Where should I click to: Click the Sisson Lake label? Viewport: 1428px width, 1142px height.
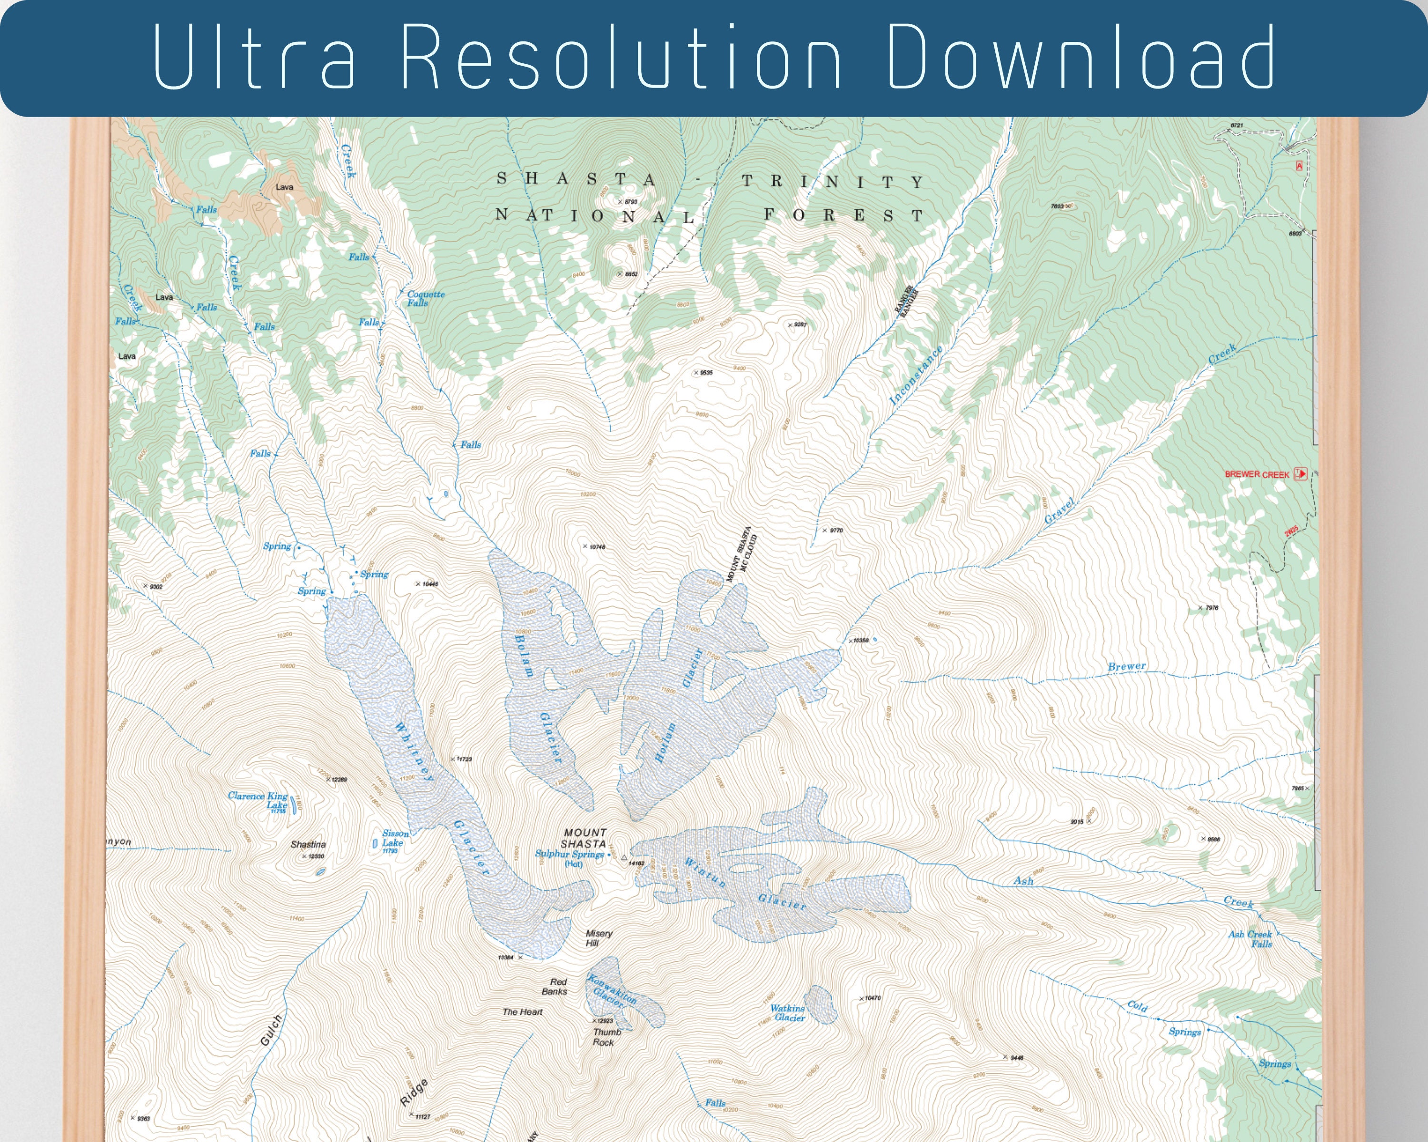(x=395, y=838)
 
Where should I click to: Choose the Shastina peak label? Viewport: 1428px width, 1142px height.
(x=308, y=844)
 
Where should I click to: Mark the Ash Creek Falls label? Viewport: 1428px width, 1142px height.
(x=1250, y=939)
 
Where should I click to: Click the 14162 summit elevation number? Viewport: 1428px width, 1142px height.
(x=636, y=863)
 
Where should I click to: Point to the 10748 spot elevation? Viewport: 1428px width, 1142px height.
(x=597, y=547)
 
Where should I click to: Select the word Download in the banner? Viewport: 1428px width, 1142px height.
(x=1080, y=58)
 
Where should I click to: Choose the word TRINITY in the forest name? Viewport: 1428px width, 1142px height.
(x=832, y=181)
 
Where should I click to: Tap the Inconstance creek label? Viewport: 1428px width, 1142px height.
(x=915, y=375)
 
